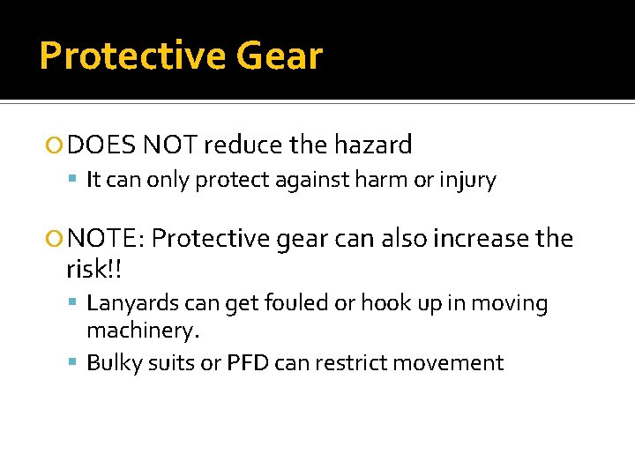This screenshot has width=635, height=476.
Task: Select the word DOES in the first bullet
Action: point(101,145)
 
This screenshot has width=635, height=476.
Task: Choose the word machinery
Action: point(144,331)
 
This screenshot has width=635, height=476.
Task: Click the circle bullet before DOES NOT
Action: point(58,145)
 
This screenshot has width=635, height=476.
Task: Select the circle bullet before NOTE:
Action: point(58,239)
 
